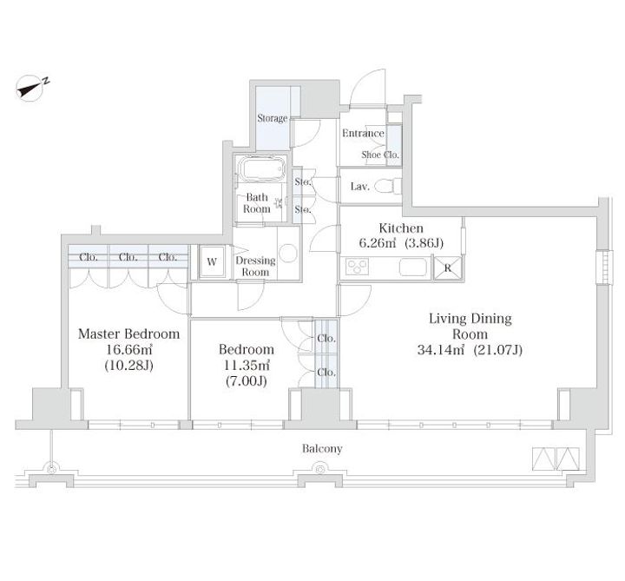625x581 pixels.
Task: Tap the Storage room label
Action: click(x=273, y=118)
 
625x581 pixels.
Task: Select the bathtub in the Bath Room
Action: click(x=261, y=169)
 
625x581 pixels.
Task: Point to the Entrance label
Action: click(x=363, y=133)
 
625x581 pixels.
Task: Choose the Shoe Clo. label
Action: click(x=380, y=155)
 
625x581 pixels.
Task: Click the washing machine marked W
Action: click(x=212, y=261)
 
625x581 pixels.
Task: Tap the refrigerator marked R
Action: click(x=448, y=268)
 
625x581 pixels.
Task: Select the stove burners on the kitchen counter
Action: click(x=357, y=267)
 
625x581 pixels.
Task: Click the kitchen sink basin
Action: click(x=413, y=267)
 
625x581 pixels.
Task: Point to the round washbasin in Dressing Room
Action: click(x=288, y=253)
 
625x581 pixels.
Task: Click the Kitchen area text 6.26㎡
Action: click(x=378, y=243)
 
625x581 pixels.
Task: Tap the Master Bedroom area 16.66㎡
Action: click(x=128, y=350)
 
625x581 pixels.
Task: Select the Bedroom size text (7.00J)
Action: click(x=246, y=381)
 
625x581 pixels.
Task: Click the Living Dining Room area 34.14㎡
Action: click(x=441, y=350)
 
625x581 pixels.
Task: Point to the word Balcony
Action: click(x=322, y=449)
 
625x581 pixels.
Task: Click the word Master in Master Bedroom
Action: click(x=100, y=333)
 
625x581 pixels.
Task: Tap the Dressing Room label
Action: click(x=255, y=267)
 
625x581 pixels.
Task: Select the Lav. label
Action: click(x=360, y=187)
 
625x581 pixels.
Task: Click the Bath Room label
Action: click(x=257, y=203)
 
